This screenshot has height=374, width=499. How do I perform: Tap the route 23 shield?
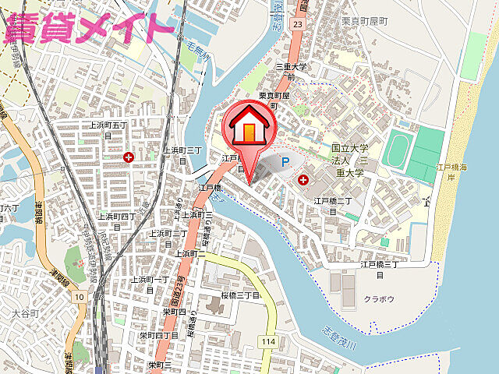(x=297, y=24)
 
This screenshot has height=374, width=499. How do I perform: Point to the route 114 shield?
(x=269, y=341)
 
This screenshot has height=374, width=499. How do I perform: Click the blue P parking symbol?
(x=285, y=163)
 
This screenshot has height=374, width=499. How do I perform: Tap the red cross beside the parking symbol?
(x=303, y=180)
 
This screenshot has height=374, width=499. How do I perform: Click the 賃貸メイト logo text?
(x=88, y=26)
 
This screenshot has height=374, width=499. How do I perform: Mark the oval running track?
(x=398, y=147)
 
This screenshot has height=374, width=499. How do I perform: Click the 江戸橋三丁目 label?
(x=380, y=270)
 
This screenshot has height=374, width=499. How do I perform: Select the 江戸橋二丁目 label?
(x=334, y=206)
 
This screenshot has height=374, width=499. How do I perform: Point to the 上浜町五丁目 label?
(x=108, y=129)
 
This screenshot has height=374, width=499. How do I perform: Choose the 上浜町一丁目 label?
(x=150, y=284)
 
